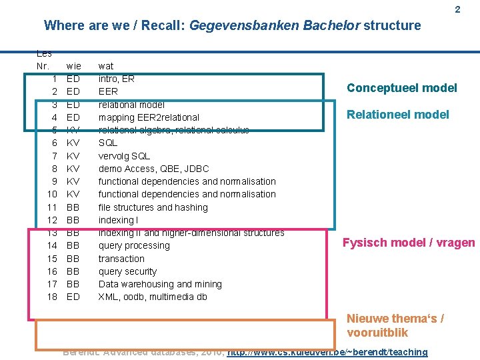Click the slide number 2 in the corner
click(x=457, y=10)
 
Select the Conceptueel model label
click(x=401, y=88)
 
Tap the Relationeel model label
click(x=397, y=115)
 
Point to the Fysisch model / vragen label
click(x=409, y=243)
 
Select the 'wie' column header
click(x=74, y=66)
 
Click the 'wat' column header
click(x=106, y=66)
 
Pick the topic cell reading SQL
click(x=108, y=143)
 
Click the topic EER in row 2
click(x=108, y=91)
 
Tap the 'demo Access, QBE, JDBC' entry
click(x=153, y=169)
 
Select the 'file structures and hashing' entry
click(x=153, y=207)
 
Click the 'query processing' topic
click(x=134, y=245)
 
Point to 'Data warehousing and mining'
click(x=160, y=284)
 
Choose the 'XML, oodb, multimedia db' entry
click(x=153, y=297)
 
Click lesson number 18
click(x=52, y=297)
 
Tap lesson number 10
click(x=52, y=194)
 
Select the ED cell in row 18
click(x=74, y=297)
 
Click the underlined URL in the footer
click(x=327, y=352)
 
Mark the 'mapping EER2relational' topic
click(x=149, y=117)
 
